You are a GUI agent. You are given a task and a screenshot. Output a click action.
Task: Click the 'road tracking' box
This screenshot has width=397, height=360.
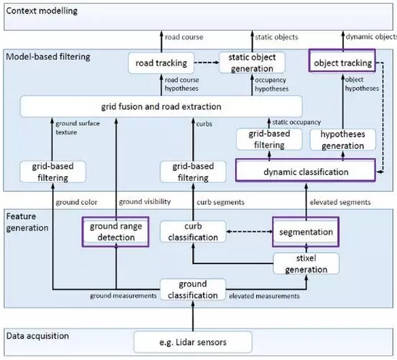pyautogui.click(x=161, y=63)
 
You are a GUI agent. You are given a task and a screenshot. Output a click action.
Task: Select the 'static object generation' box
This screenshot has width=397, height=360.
pyautogui.click(x=252, y=63)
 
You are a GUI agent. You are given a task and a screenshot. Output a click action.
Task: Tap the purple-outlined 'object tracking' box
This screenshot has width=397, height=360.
pyautogui.click(x=342, y=61)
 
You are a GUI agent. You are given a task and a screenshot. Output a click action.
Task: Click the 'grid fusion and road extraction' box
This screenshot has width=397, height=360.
pyautogui.click(x=161, y=107)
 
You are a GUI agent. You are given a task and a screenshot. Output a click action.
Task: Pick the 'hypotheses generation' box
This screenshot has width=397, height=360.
pyautogui.click(x=343, y=140)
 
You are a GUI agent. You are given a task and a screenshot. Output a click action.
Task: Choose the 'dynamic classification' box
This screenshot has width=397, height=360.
pyautogui.click(x=306, y=170)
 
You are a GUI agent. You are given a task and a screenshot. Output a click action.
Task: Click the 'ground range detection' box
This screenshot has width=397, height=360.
pyautogui.click(x=116, y=231)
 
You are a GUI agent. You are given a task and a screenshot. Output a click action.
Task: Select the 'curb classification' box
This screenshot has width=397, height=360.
pyautogui.click(x=193, y=231)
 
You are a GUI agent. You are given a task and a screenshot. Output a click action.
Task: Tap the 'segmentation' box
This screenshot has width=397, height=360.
pyautogui.click(x=306, y=231)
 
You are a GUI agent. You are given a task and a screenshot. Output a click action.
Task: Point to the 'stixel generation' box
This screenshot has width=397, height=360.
pyautogui.click(x=306, y=263)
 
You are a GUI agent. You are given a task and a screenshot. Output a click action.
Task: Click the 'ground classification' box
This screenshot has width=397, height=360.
pyautogui.click(x=193, y=289)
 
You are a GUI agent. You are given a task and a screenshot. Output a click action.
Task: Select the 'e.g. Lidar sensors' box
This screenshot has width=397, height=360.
pyautogui.click(x=193, y=342)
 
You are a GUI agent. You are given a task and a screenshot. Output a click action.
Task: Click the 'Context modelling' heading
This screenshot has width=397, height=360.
pyautogui.click(x=42, y=11)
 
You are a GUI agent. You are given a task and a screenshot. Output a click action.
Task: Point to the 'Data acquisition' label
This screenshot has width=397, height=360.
pyautogui.click(x=37, y=336)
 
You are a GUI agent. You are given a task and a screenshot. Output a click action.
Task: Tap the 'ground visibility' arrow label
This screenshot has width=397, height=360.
pyautogui.click(x=145, y=201)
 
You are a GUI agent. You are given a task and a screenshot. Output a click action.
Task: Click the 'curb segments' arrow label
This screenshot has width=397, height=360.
pyautogui.click(x=221, y=202)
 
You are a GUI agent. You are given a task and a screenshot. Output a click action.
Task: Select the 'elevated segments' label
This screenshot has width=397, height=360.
pyautogui.click(x=340, y=202)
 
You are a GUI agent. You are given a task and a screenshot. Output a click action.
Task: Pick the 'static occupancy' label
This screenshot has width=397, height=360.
pyautogui.click(x=296, y=122)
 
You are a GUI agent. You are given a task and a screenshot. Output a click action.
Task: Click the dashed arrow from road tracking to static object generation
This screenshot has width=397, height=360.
pyautogui.click(x=206, y=63)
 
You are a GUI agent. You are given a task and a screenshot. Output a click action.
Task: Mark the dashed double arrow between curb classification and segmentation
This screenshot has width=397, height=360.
pyautogui.click(x=249, y=231)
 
